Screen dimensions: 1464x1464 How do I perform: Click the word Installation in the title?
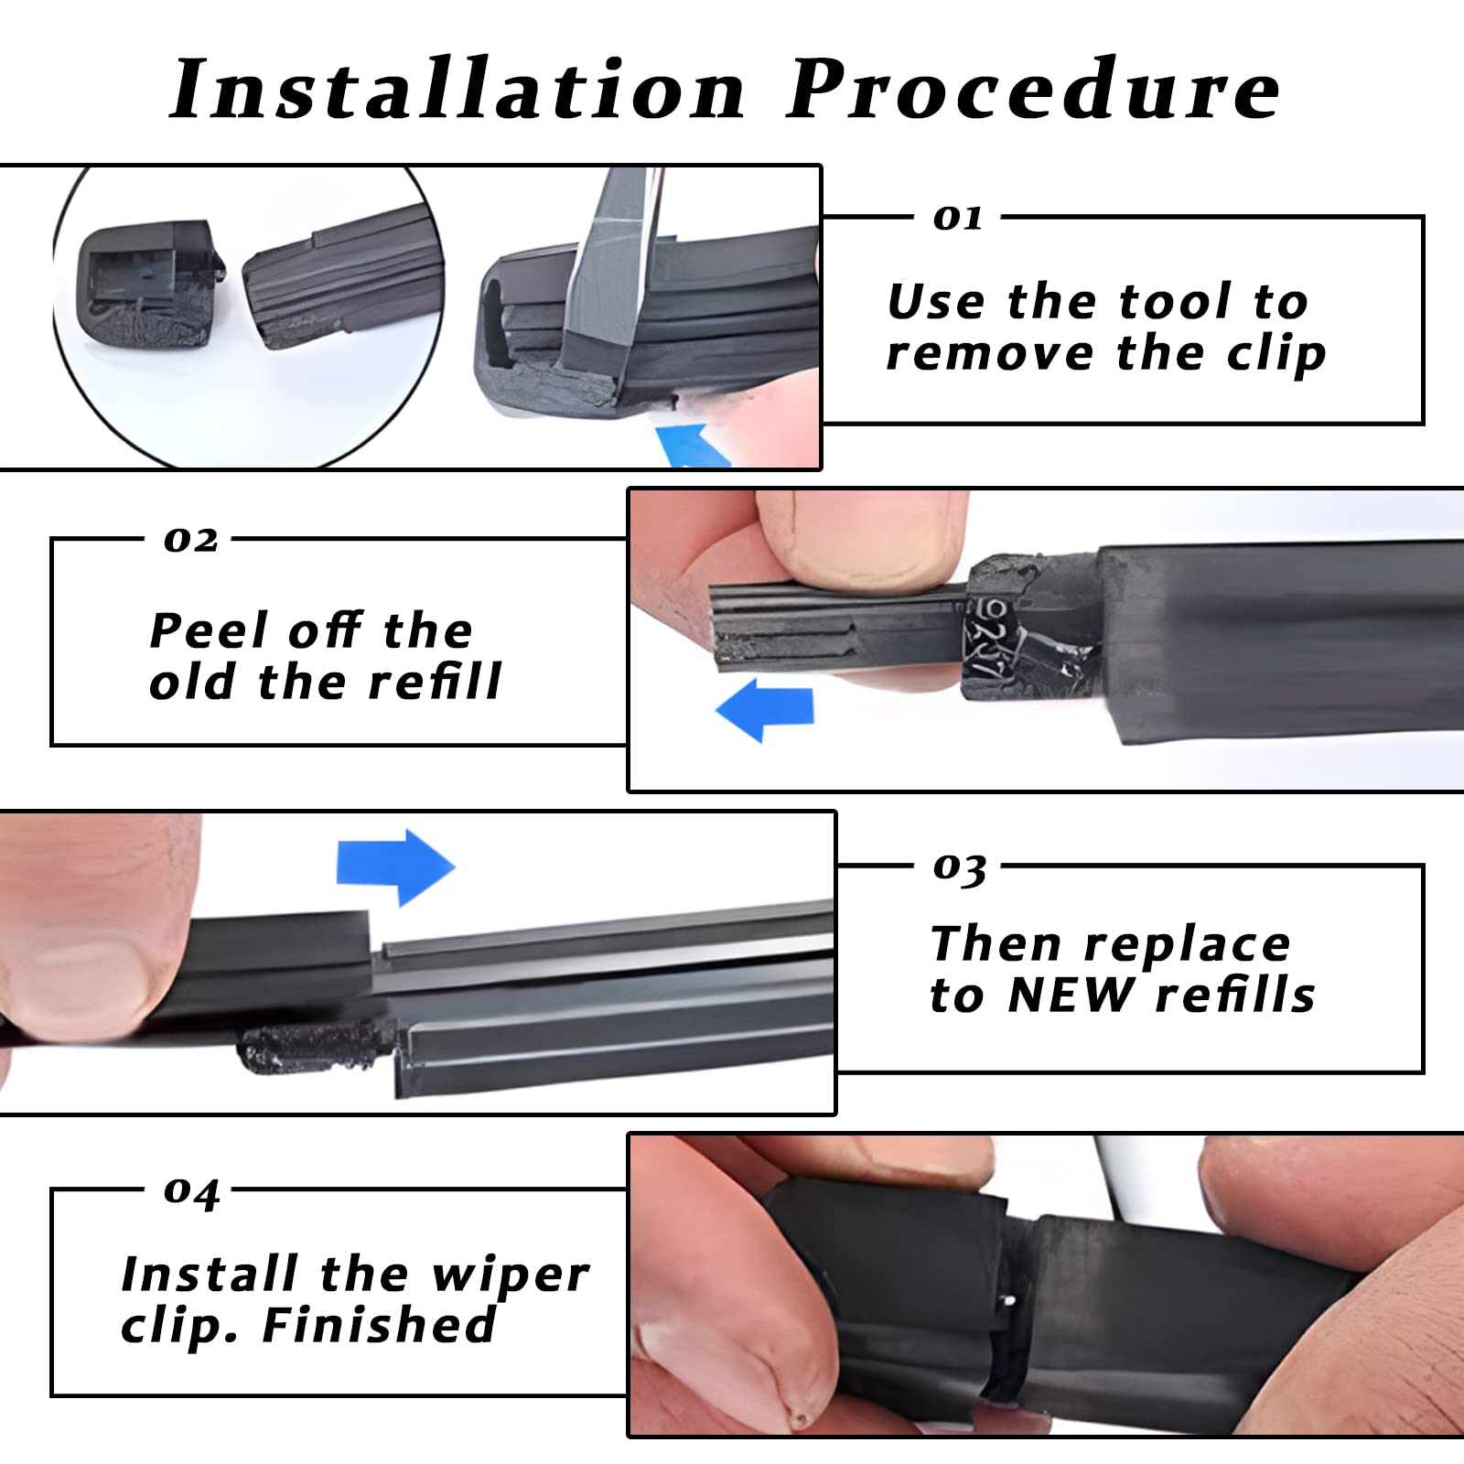457,90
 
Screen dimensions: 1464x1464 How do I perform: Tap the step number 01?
957,218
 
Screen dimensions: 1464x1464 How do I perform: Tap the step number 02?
190,540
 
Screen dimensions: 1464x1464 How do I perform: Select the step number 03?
959,867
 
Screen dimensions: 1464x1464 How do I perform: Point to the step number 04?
191,1191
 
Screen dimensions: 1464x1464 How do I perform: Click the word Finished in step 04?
379,1325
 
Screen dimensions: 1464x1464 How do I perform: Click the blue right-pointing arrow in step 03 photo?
395,866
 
